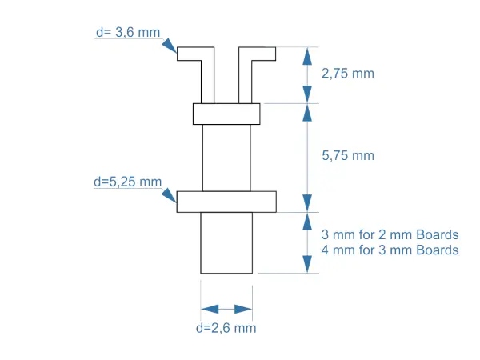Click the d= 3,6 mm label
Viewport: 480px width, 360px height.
127,32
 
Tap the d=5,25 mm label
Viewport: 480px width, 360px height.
127,182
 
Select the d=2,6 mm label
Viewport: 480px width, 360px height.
226,328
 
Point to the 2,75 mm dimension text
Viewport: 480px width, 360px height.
348,73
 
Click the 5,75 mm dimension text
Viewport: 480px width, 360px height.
348,156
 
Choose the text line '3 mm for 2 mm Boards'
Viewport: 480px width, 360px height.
390,235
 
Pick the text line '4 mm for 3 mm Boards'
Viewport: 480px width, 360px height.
390,250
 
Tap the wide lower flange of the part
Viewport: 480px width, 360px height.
226,201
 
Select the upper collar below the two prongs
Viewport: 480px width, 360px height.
226,114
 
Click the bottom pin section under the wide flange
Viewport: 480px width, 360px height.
226,242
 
